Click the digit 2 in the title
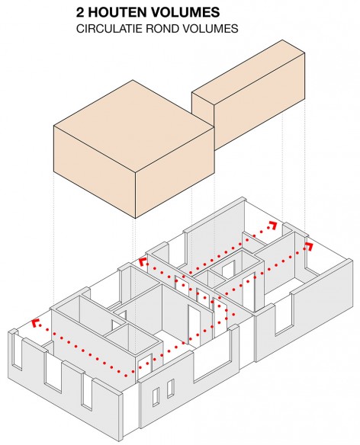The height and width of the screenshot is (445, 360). (x=80, y=12)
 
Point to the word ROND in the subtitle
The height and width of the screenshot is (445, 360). (x=159, y=29)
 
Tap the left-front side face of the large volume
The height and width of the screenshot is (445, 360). (x=95, y=171)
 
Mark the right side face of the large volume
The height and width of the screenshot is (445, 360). (x=175, y=172)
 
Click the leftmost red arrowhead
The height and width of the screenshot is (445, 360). (x=34, y=323)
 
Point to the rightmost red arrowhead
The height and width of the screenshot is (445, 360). (x=309, y=247)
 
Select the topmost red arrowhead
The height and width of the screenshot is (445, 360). (x=272, y=225)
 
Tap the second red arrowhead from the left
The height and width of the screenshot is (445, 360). (x=143, y=262)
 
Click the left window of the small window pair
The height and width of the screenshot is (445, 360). (x=156, y=398)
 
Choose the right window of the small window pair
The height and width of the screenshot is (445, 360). (x=171, y=389)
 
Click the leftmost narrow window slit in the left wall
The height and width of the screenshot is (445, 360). (x=17, y=352)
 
